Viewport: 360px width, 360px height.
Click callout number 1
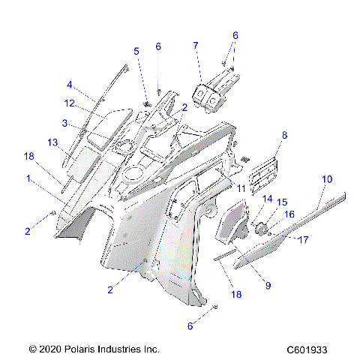28,179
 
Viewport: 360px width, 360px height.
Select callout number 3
65,123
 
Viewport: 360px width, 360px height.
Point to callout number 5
136,51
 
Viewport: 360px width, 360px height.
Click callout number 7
195,46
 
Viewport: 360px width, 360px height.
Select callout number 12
68,103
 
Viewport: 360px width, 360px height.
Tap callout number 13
52,142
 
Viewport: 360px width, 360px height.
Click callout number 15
282,202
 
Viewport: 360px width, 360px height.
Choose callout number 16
289,214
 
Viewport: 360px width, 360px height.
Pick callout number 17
304,240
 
